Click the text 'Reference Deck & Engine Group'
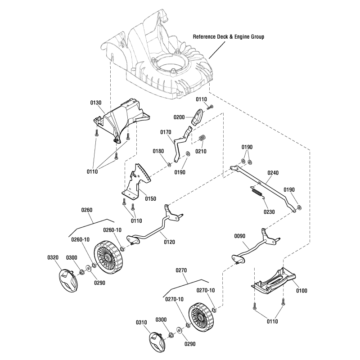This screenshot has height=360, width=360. (x=228, y=37)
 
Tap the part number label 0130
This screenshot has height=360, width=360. (x=96, y=103)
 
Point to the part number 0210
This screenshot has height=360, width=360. (x=201, y=151)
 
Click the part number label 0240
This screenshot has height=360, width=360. (x=273, y=172)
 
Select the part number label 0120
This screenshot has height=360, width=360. (x=169, y=242)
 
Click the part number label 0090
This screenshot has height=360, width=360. (x=240, y=235)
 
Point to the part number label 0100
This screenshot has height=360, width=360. (x=301, y=291)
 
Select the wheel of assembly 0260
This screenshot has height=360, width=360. (x=109, y=257)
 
